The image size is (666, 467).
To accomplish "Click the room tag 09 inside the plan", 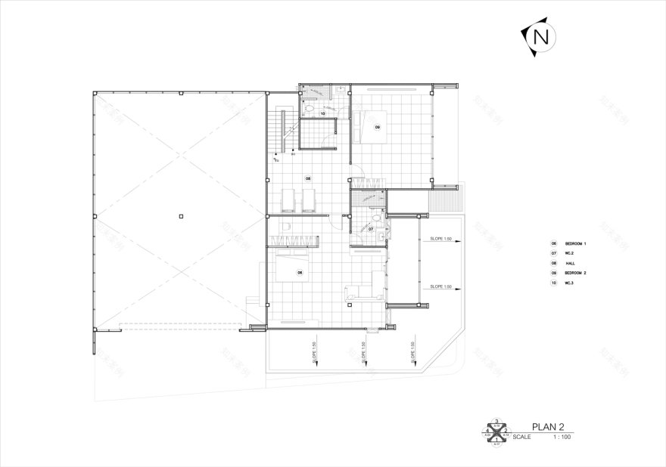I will click(x=377, y=127).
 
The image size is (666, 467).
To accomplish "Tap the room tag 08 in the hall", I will click(x=308, y=178).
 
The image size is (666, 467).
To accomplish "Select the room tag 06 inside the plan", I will click(x=300, y=272).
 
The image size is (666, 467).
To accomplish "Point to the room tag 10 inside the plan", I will click(x=322, y=114).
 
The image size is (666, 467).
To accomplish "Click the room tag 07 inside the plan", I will click(x=371, y=228).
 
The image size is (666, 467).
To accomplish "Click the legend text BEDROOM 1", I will click(x=576, y=243).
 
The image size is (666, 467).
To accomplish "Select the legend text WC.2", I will click(x=571, y=253).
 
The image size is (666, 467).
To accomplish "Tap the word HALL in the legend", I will click(x=571, y=263).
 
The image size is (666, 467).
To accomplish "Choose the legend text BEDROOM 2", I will click(x=576, y=273).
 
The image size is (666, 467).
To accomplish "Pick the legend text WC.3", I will click(x=571, y=283).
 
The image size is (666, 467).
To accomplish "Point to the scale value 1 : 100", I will click(x=562, y=438).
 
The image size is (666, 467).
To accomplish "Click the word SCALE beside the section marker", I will click(x=521, y=438).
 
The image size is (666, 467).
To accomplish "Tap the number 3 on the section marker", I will click(x=496, y=421).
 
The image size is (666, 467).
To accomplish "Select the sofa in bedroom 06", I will click(x=357, y=291).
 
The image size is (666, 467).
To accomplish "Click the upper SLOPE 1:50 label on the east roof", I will click(x=441, y=239).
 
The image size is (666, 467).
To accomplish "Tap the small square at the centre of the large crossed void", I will click(x=181, y=217).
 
